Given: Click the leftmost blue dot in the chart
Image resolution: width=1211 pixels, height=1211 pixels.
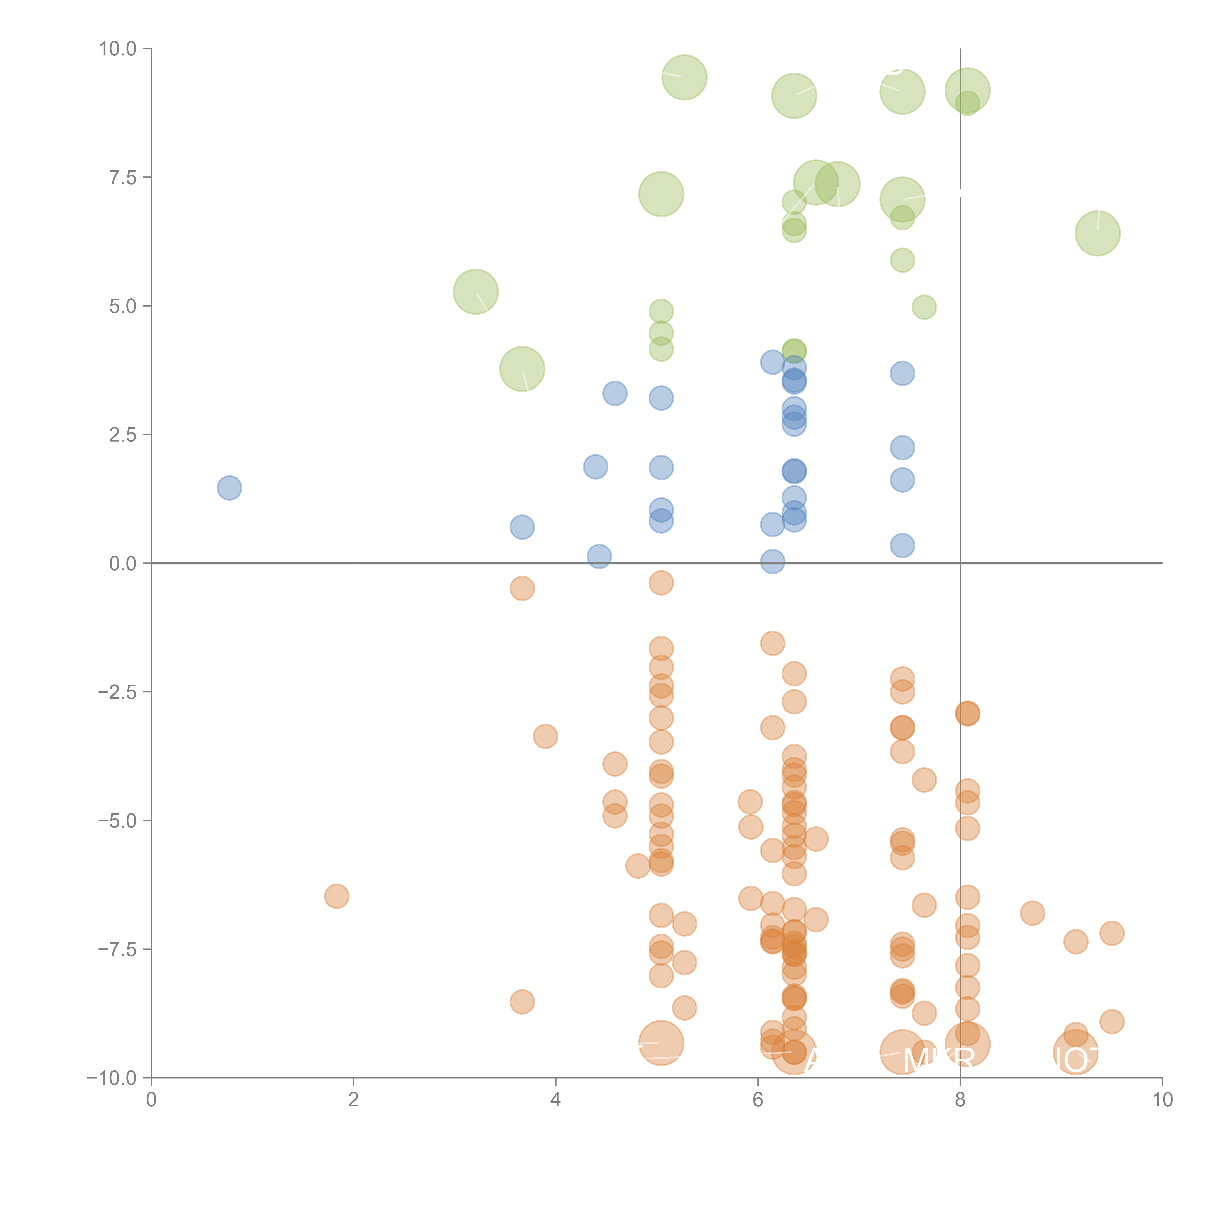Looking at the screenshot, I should point(229,488).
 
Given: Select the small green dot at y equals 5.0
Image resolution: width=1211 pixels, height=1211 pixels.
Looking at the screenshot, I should point(924,307).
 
